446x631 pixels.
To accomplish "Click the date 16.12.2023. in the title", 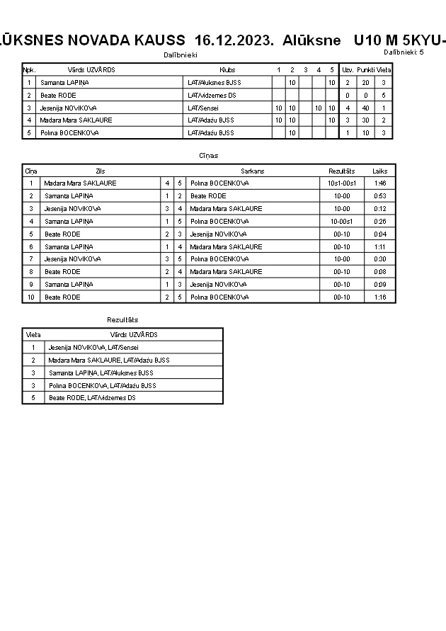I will [234, 40].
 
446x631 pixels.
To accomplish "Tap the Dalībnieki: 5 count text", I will [404, 52].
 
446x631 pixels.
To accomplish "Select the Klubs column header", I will [227, 70].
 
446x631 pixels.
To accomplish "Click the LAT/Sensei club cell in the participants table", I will [203, 108].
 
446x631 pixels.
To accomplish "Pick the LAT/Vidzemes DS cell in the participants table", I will [212, 95].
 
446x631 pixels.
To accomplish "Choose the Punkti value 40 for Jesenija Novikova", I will [365, 108].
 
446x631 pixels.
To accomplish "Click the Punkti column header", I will [365, 70].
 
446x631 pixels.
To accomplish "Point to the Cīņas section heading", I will [208, 155].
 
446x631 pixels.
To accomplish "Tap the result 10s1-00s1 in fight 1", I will [342, 183].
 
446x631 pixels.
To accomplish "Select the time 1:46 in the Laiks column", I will [380, 183].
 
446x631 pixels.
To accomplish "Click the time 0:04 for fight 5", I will [380, 234].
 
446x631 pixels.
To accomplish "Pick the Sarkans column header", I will [252, 171].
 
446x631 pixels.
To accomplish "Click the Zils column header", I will [100, 171].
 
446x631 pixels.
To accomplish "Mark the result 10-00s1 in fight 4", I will [342, 221].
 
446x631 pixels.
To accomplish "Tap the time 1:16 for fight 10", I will [380, 297].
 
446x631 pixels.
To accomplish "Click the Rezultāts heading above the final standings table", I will [122, 320].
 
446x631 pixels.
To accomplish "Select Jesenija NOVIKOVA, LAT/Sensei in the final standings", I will [93, 347].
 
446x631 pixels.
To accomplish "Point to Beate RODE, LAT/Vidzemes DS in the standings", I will [91, 398].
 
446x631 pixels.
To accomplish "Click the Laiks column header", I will [380, 171].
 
